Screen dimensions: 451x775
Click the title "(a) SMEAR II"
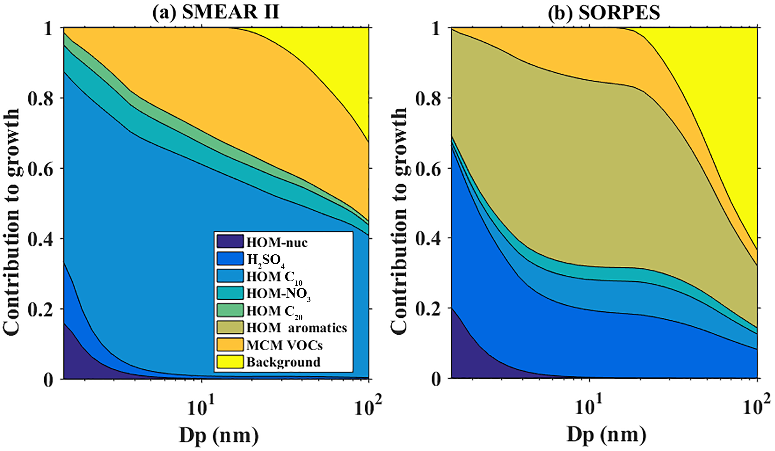[215, 13]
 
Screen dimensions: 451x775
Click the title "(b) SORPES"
[604, 13]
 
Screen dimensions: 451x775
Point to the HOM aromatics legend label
[296, 328]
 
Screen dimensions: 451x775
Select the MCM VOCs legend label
[284, 345]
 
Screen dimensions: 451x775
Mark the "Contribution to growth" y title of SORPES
[399, 202]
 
